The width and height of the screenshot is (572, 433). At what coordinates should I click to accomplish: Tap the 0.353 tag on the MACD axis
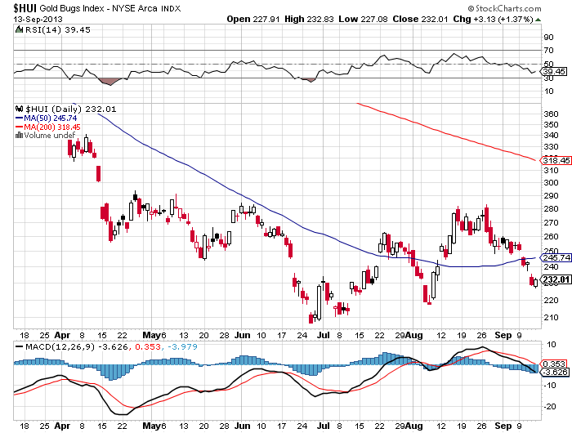point(552,363)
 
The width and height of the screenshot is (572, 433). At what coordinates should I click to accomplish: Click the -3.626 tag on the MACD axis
point(553,372)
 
